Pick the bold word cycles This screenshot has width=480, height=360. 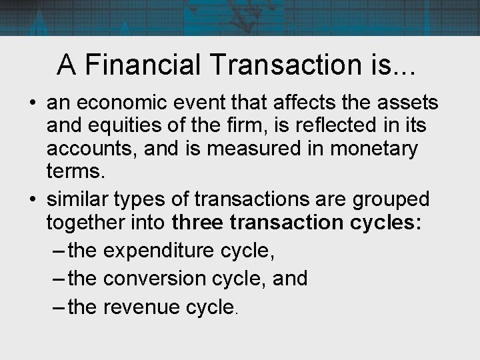pyautogui.click(x=385, y=221)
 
